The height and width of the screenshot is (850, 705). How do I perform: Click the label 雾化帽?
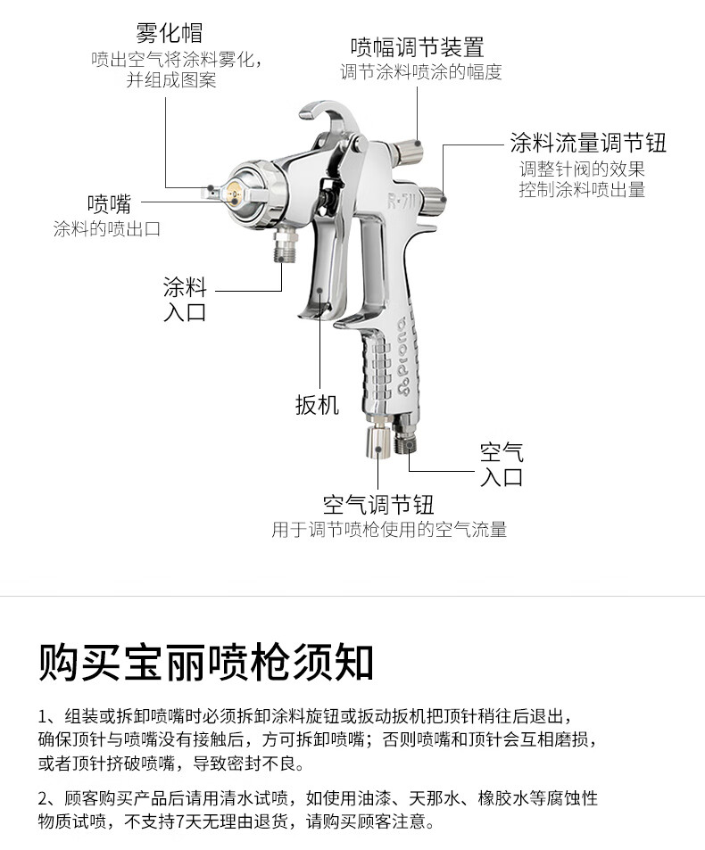pos(170,33)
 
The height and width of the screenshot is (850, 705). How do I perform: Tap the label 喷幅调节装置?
pos(417,45)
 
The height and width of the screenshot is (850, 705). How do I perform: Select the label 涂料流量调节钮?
pos(587,143)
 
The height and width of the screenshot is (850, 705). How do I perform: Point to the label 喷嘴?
pos(108,202)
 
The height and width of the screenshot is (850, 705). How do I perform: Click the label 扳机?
pos(317,404)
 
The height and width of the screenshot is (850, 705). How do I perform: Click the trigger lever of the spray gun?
pos(323,268)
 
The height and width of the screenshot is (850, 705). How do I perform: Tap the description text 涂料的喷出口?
pos(107,229)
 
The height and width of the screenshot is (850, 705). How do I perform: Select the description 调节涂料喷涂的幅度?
pos(420,72)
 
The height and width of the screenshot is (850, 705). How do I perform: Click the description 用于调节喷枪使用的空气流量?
pos(389,530)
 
